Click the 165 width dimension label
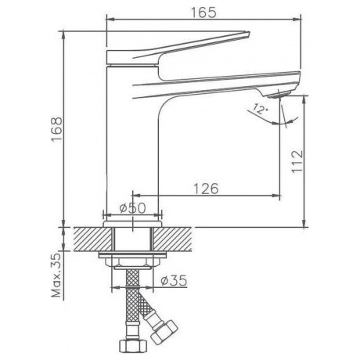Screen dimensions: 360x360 point(203,12)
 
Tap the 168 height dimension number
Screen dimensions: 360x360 point(56,129)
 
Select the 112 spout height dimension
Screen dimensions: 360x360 point(297,161)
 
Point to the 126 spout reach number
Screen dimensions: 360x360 point(206,189)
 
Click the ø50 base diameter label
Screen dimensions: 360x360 point(132,208)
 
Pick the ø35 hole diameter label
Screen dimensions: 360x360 point(174,280)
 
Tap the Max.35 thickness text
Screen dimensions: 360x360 point(56,275)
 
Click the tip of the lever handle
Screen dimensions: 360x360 point(249,32)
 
